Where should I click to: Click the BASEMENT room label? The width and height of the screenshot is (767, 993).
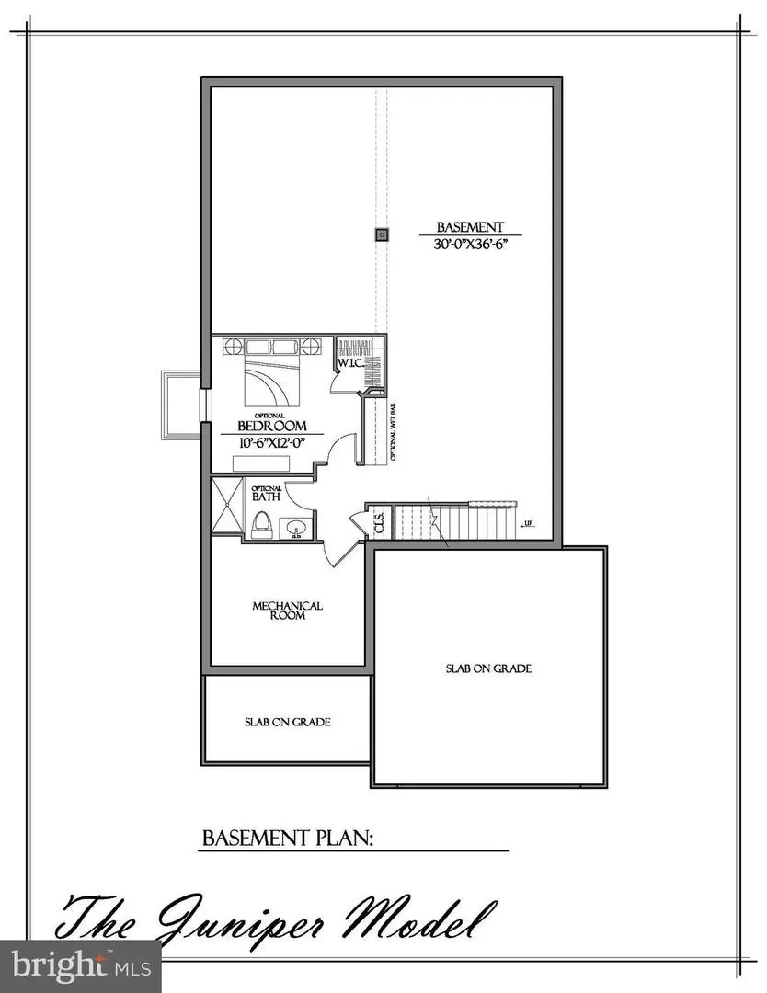[469, 226]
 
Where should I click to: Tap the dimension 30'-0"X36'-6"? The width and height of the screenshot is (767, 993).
[469, 245]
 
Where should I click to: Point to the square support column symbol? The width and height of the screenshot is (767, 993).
[381, 235]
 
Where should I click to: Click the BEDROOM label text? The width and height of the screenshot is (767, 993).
[270, 426]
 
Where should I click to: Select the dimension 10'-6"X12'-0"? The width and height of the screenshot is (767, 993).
[270, 442]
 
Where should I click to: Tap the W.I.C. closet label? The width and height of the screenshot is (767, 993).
[349, 363]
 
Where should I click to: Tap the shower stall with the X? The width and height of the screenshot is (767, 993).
[225, 506]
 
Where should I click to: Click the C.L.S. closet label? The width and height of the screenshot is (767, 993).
[378, 525]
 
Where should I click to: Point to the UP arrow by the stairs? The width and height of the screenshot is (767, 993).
[527, 525]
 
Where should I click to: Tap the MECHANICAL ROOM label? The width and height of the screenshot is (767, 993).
[288, 611]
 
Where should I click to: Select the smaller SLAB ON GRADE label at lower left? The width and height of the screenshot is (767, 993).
[288, 722]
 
